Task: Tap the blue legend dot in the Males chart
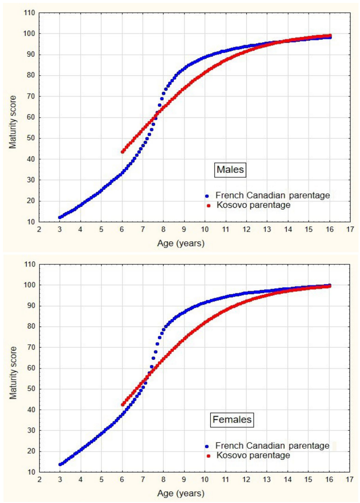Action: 207,196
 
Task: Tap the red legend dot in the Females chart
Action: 207,456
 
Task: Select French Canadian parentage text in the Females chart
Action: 272,446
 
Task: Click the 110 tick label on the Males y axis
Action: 29,13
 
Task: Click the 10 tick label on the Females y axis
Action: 30,472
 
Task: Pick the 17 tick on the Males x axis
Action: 349,229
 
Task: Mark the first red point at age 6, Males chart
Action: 122,151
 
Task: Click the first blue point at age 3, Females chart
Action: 60,464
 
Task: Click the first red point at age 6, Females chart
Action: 122,404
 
